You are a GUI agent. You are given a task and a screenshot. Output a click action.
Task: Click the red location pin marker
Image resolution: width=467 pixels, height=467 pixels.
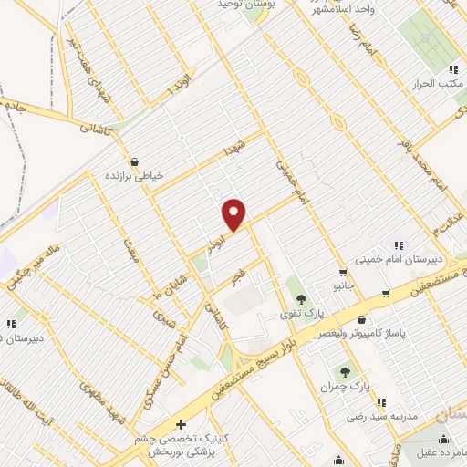tap(234, 214)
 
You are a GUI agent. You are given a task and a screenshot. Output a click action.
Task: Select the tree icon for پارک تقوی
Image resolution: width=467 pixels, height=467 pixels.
tap(300, 300)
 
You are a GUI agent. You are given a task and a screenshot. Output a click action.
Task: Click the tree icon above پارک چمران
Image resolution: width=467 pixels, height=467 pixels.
tap(345, 372)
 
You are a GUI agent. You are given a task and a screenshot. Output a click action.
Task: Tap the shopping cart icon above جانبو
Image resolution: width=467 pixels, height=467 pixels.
tap(343, 272)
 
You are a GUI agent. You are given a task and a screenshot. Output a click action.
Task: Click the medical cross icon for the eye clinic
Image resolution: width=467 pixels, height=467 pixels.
tap(181, 424)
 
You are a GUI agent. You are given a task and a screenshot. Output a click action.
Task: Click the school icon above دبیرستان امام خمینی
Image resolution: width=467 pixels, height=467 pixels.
tap(399, 244)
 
